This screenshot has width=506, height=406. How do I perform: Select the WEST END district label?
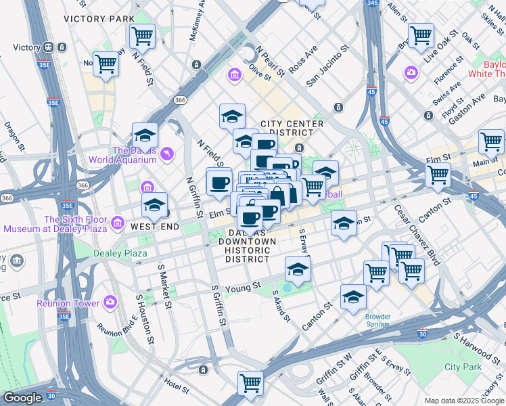155,227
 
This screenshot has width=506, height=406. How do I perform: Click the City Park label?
463,367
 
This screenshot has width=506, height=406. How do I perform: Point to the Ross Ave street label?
302,60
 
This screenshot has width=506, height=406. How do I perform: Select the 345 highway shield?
371,3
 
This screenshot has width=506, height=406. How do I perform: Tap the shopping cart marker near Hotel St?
251,384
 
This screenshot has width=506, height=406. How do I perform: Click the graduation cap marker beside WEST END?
154,205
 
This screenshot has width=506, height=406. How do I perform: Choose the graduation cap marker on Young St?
297,270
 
